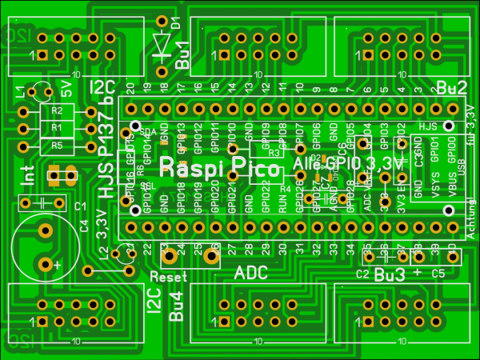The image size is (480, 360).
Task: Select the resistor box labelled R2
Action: tap(56, 111)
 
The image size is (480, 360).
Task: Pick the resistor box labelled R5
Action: tap(56, 146)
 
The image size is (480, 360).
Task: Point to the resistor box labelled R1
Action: tap(56, 128)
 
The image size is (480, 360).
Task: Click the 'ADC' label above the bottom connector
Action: tap(250, 274)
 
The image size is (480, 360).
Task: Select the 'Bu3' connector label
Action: tap(389, 276)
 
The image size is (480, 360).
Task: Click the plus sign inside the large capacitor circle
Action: tap(57, 264)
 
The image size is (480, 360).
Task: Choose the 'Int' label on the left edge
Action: tap(26, 176)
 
